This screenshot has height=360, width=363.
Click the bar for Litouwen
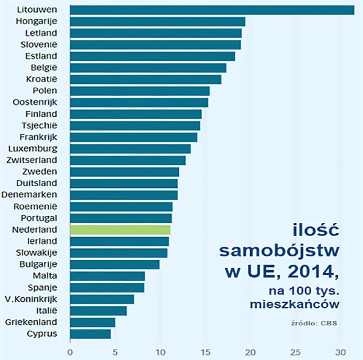(x=212, y=10)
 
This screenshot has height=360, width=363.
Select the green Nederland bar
(x=120, y=230)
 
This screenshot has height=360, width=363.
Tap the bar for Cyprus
(x=90, y=334)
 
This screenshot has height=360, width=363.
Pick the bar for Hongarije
(x=157, y=22)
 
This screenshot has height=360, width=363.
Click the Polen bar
(x=140, y=91)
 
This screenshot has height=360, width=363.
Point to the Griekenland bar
(x=93, y=322)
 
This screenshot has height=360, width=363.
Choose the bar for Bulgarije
(x=115, y=265)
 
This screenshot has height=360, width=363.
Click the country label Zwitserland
(x=32, y=160)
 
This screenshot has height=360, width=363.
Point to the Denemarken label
(x=29, y=195)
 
